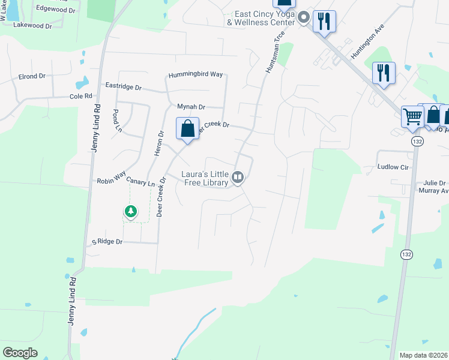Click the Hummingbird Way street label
196,74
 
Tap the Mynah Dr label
191,107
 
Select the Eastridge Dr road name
123,87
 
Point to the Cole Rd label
80,96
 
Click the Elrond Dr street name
32,76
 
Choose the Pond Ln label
117,121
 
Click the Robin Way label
110,180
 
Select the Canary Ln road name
140,184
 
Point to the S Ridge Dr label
107,242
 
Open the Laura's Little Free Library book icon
238,176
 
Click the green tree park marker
130,211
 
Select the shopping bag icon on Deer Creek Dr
187,128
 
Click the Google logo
20,353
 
